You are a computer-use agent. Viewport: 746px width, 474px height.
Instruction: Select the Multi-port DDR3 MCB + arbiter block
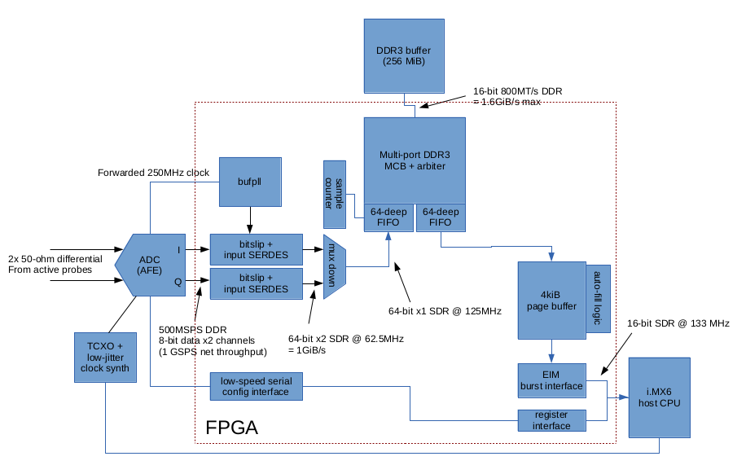[415, 160]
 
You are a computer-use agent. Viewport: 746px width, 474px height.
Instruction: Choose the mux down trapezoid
[336, 268]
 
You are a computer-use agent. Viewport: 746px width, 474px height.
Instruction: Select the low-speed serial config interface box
[256, 386]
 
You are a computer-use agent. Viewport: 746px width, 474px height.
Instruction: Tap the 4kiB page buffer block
[551, 301]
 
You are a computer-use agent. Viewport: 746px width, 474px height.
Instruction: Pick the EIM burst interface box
[551, 380]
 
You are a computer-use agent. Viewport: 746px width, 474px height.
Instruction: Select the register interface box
[551, 420]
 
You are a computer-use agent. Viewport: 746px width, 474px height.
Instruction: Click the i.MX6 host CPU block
[660, 398]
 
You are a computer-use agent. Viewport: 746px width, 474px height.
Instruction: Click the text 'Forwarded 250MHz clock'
[153, 173]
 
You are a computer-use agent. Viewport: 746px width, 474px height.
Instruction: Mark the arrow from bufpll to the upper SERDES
[250, 219]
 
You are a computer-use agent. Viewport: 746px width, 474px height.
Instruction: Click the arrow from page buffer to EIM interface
[551, 351]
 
